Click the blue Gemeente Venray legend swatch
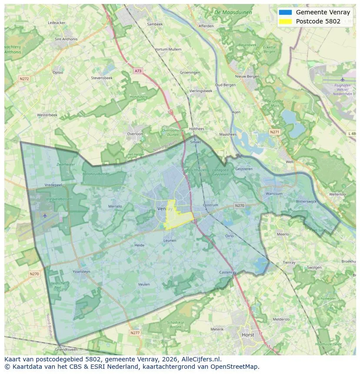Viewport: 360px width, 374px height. pyautogui.click(x=285, y=12)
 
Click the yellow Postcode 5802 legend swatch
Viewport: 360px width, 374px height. pyautogui.click(x=285, y=21)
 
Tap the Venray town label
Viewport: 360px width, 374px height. pyautogui.click(x=164, y=209)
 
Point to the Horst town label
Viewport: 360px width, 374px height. pyautogui.click(x=248, y=335)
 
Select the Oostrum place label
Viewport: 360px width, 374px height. pyautogui.click(x=210, y=205)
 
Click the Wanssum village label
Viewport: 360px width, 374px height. pyautogui.click(x=274, y=194)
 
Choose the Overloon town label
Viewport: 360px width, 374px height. pyautogui.click(x=135, y=134)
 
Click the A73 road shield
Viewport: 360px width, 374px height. pyautogui.click(x=138, y=71)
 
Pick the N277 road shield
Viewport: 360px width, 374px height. pyautogui.click(x=135, y=333)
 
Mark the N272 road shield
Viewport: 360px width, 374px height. pyautogui.click(x=24, y=79)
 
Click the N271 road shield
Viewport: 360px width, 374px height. pyautogui.click(x=274, y=132)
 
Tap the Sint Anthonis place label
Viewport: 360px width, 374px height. pyautogui.click(x=66, y=39)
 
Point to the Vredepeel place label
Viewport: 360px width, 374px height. pyautogui.click(x=53, y=185)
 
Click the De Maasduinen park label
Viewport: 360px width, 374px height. pyautogui.click(x=233, y=13)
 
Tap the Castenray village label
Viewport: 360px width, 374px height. pyautogui.click(x=227, y=272)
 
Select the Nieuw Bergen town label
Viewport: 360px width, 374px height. pyautogui.click(x=247, y=76)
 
